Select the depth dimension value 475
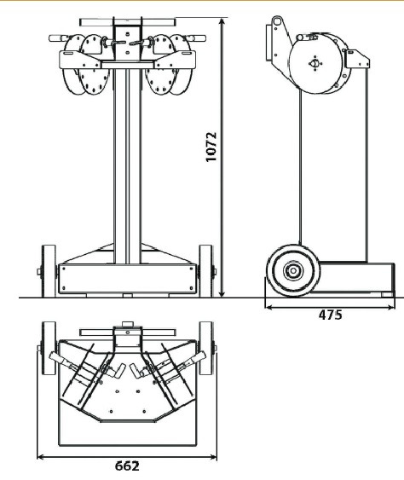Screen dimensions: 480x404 pos(330,315)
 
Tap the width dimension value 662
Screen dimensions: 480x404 pos(127,466)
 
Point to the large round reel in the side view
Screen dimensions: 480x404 pos(315,63)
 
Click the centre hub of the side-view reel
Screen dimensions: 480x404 pos(315,63)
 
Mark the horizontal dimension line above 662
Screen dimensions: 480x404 pos(127,455)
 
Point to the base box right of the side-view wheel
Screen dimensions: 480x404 pos(358,277)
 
